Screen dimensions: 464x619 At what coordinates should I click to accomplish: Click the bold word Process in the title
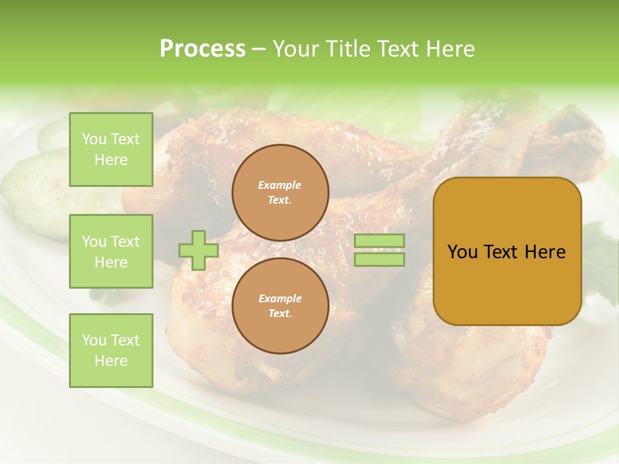(202, 49)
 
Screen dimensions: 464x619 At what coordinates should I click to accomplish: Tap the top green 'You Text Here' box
(111, 150)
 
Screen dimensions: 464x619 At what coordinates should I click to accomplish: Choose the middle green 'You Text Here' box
(111, 251)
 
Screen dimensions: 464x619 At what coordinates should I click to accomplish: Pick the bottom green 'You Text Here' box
(111, 351)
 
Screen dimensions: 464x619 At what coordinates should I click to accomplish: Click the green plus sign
(199, 250)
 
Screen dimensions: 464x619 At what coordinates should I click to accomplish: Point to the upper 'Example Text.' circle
(280, 193)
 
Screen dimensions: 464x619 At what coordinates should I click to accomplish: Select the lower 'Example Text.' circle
(280, 306)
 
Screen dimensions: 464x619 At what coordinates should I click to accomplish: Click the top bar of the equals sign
(379, 241)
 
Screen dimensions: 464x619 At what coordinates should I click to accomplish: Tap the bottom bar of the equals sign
(379, 260)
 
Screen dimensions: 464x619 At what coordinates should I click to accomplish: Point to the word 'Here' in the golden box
(545, 252)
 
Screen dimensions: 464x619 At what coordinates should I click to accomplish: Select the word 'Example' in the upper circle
(280, 185)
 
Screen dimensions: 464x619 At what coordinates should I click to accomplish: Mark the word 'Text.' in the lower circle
(280, 314)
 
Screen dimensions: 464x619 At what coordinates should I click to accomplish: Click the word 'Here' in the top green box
(111, 160)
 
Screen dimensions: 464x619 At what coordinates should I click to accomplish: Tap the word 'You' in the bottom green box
(94, 340)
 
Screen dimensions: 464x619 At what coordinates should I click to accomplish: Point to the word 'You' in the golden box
(462, 252)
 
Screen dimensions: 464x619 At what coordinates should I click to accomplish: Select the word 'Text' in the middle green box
(125, 242)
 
